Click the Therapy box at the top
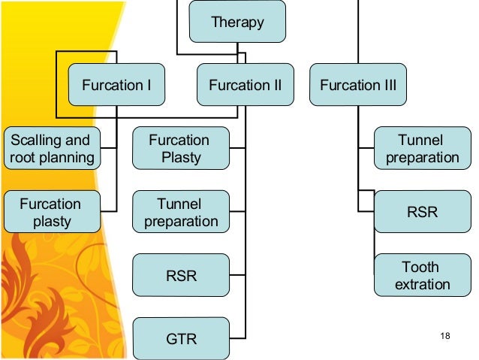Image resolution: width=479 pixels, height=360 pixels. pos(237,22)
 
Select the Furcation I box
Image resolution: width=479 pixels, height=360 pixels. pos(116,85)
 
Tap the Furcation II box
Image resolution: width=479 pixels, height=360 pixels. pos(245,85)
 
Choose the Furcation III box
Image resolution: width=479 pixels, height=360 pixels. pos(358,85)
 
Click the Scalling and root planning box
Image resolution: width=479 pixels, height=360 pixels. pos(51,148)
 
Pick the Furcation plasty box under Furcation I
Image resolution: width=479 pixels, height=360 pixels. pos(50,212)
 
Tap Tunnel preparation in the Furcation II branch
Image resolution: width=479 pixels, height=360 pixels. pos(180,212)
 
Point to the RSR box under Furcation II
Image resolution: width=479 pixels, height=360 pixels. pos(180,276)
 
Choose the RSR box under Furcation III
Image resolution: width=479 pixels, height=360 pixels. pos(422,212)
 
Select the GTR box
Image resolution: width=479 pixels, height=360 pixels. pos(180,339)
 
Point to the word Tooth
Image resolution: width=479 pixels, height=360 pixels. pos(421,267)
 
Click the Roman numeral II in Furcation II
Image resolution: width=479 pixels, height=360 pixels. pos(276,85)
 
